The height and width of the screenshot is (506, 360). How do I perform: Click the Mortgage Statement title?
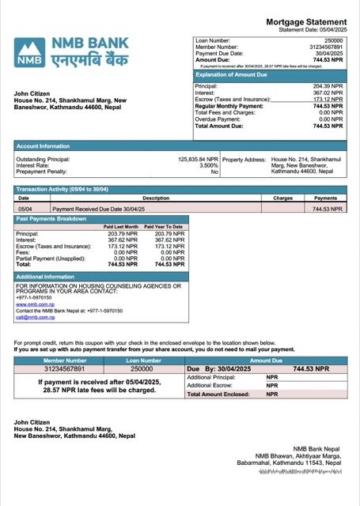(x=305, y=21)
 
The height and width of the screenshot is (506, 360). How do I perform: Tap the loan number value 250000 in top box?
(x=333, y=40)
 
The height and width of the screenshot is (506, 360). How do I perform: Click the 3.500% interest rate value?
(x=208, y=165)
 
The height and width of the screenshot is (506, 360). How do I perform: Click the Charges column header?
(x=282, y=198)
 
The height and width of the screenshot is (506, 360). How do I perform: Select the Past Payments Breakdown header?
(x=49, y=217)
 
